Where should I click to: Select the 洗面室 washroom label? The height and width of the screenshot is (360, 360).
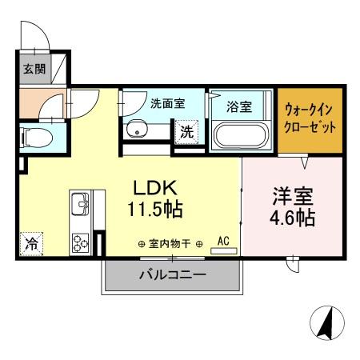pos(167,104)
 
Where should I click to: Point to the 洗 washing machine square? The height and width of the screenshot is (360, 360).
pos(186,133)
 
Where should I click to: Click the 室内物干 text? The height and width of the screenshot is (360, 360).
pos(170,243)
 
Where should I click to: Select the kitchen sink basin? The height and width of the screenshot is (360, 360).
pos(80,206)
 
